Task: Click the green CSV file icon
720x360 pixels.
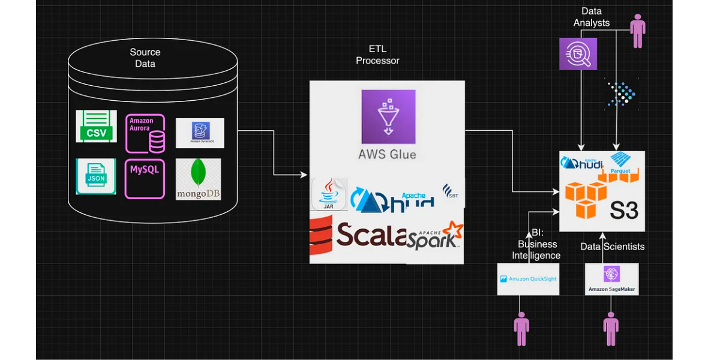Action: click(x=96, y=126)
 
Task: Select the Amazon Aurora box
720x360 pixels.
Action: click(x=145, y=133)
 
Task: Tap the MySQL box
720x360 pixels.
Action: click(x=145, y=178)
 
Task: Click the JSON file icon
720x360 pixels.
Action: click(x=96, y=176)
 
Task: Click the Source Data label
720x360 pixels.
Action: click(x=145, y=58)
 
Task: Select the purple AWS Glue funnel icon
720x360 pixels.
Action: click(x=388, y=116)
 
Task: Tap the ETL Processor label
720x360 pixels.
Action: click(x=377, y=55)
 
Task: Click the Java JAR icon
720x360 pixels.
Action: click(x=329, y=194)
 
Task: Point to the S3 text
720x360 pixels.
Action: click(x=624, y=210)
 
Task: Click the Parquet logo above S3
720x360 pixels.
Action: click(x=619, y=162)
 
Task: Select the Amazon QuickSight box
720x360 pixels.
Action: click(x=528, y=279)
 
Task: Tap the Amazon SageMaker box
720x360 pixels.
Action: click(x=611, y=279)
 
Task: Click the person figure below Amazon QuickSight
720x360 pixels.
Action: click(x=521, y=329)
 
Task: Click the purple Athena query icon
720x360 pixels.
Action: click(x=578, y=53)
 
